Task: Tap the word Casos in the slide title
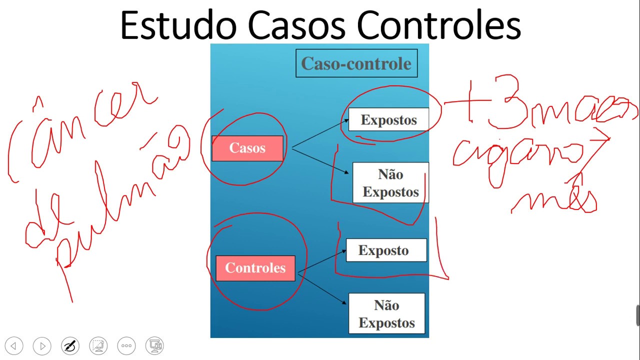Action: point(298,26)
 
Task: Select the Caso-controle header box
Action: point(356,63)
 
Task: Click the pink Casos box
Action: point(247,148)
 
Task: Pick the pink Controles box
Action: point(255,268)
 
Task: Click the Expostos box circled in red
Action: point(388,120)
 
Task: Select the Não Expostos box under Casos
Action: point(390,183)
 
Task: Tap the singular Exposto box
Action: point(383,250)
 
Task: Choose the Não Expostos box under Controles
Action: point(386,314)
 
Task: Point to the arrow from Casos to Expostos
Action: point(320,134)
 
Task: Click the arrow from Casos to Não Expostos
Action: point(320,160)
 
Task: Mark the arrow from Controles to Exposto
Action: point(322,261)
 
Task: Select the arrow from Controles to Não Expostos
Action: point(322,288)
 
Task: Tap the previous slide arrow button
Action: point(14,345)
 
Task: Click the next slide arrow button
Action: point(42,345)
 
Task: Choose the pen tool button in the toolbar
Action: point(70,345)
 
